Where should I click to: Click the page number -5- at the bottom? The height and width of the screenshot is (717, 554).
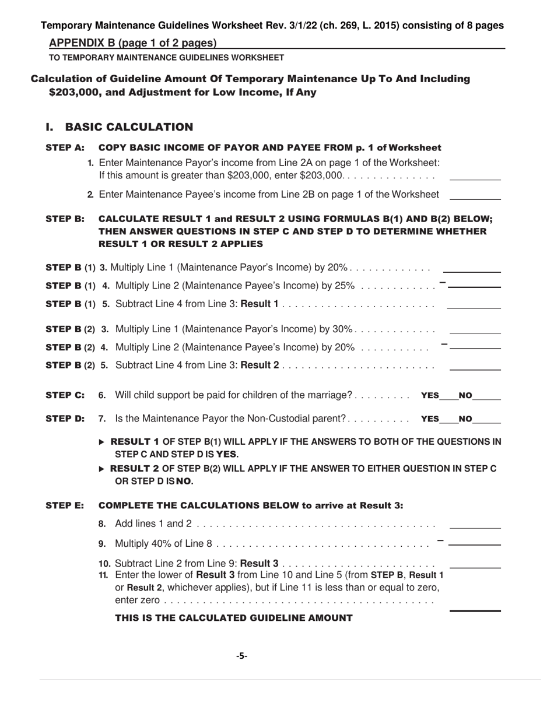pos(241,656)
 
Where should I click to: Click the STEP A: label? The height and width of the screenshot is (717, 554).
pos(65,147)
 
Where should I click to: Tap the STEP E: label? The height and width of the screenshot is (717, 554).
pos(65,505)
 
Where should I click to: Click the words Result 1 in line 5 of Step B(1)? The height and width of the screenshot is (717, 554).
pos(260,304)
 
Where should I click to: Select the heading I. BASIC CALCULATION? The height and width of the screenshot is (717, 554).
pos(119,127)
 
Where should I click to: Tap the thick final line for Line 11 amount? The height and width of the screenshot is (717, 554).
pos(475,610)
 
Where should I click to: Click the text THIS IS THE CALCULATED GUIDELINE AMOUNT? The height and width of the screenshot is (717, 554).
pos(233,618)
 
